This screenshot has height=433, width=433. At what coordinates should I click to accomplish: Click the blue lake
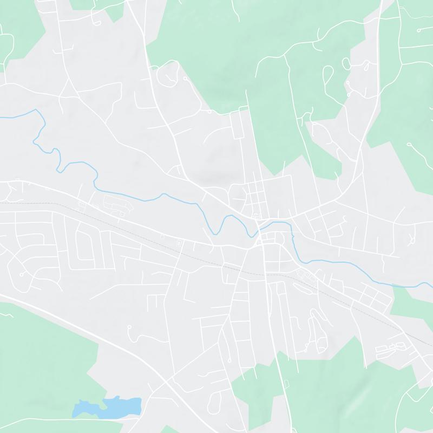[108, 406]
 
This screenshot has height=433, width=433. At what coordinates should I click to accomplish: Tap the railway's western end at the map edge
[1, 203]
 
